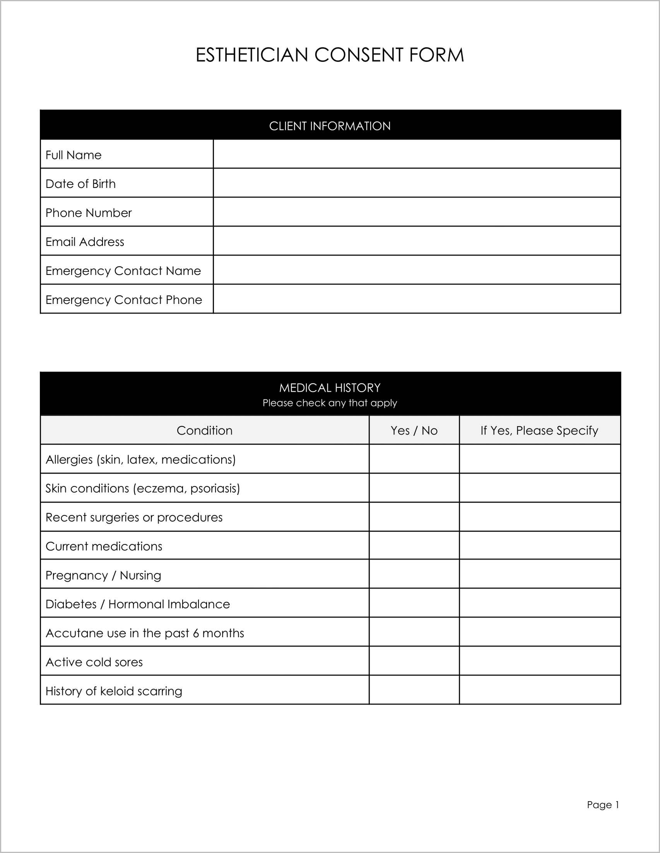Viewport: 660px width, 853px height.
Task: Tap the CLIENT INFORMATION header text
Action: point(330,126)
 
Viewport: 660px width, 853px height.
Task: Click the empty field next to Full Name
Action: point(417,154)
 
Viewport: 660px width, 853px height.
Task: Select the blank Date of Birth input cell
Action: point(417,183)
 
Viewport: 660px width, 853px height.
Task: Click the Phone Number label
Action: point(88,213)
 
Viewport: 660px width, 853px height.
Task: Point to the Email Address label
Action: point(84,242)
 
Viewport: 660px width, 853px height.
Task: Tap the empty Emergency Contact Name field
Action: point(417,270)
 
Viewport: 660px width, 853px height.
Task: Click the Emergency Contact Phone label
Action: point(123,300)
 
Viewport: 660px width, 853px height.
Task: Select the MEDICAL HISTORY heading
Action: point(330,387)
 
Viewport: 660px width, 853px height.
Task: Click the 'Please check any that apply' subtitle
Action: point(330,403)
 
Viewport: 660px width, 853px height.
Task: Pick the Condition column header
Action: point(204,430)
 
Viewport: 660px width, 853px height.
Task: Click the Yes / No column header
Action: point(414,430)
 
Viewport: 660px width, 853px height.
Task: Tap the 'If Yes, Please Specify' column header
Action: point(539,430)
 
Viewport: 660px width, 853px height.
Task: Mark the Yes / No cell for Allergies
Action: point(414,459)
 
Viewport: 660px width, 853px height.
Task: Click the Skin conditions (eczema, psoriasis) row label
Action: point(143,488)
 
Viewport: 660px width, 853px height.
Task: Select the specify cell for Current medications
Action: point(539,546)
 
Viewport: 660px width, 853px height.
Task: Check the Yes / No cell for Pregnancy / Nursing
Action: point(414,575)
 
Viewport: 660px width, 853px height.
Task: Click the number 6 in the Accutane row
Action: point(196,633)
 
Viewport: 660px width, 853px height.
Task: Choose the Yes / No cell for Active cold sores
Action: point(414,662)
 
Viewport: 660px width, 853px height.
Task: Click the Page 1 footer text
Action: point(603,805)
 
